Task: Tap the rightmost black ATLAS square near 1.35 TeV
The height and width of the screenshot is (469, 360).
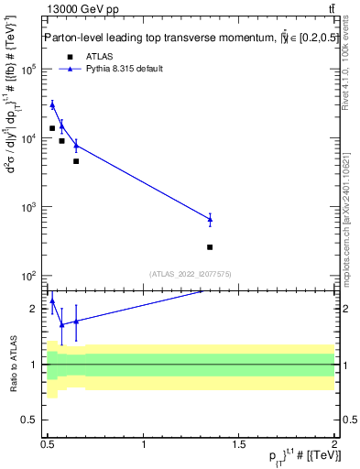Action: [210, 247]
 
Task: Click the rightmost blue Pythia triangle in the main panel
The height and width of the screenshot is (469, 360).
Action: [210, 219]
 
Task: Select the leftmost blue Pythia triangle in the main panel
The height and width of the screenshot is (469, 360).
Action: [52, 104]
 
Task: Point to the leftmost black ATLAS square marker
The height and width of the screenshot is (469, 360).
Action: [52, 128]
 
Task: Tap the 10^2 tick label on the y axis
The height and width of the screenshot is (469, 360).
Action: [30, 276]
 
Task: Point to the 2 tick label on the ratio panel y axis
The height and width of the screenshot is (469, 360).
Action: [35, 309]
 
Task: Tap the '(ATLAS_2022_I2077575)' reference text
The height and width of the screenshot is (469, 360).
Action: [191, 274]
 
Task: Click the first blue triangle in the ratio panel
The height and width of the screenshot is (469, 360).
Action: [52, 300]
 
